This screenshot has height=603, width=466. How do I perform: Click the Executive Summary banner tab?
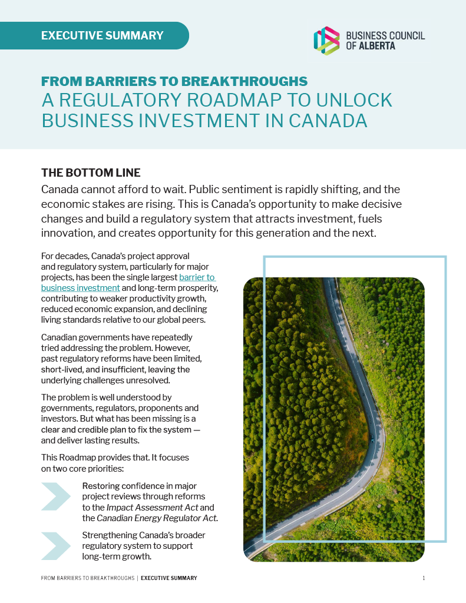pos(102,35)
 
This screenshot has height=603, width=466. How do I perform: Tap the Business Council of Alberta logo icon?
pos(326,41)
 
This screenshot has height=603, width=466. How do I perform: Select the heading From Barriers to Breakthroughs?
pos(174,81)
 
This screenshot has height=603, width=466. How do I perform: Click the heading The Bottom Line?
pos(91,173)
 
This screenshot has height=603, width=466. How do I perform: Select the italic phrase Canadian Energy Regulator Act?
pos(156,518)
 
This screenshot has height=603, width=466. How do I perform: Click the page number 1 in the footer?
pos(424,578)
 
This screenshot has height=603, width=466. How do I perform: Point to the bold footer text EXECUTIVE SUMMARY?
pos(168,578)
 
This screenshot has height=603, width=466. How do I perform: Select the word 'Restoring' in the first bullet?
pos(102,486)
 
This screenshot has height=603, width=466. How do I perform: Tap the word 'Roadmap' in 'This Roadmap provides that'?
pos(79,458)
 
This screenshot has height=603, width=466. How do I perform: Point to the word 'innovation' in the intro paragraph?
pos(67,233)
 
